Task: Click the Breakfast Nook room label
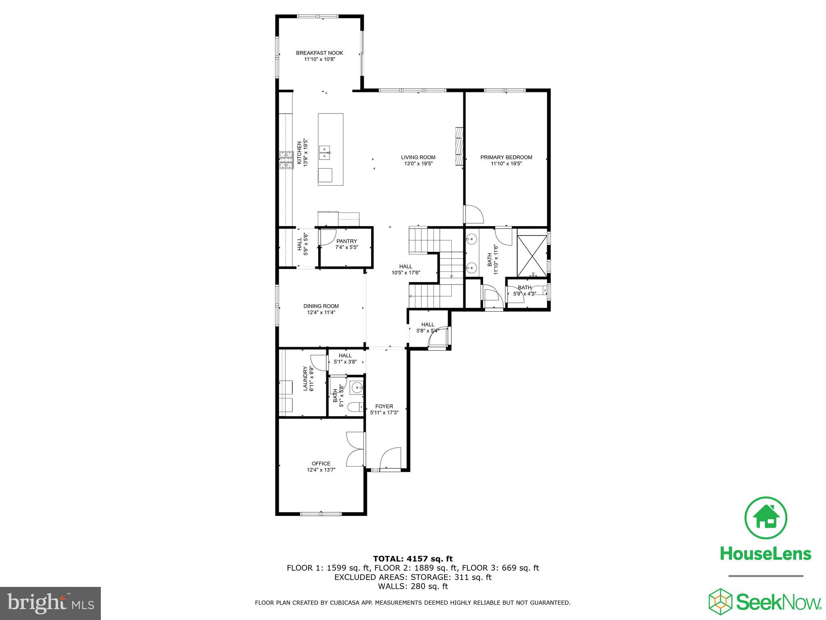(x=319, y=53)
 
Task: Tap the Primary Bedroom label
(x=506, y=157)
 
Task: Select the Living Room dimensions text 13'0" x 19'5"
(x=418, y=164)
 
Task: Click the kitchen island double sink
(x=325, y=154)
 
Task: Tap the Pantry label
(x=347, y=241)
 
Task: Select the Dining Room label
(x=321, y=306)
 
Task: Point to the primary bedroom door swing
(x=473, y=214)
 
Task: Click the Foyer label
(x=384, y=406)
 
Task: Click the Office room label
(x=321, y=463)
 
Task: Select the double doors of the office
(x=355, y=449)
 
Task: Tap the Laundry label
(x=305, y=379)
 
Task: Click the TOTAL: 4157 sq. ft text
(x=413, y=559)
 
